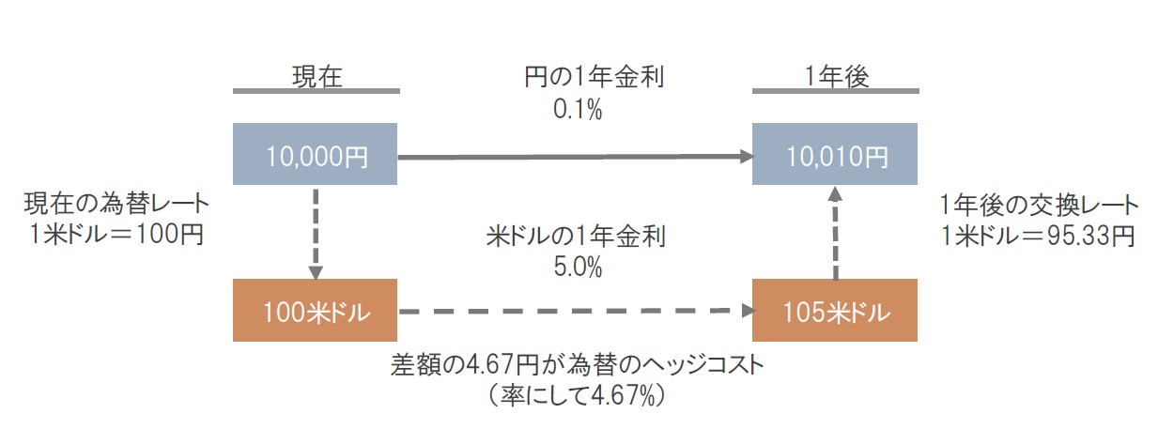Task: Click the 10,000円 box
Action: point(315,154)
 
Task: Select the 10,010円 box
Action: point(835,154)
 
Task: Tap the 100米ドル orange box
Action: point(315,310)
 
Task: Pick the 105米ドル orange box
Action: point(835,310)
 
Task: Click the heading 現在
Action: point(317,77)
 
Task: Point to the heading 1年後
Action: point(837,77)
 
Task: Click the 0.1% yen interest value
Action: point(578,110)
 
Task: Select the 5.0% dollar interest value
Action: point(578,268)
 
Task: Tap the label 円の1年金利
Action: point(594,77)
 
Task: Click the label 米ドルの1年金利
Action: point(576,237)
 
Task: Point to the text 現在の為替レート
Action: point(116,204)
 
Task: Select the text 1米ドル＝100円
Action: point(116,234)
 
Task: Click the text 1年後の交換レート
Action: point(1039,206)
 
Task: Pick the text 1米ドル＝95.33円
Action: point(1038,236)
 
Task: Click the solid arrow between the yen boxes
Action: point(576,156)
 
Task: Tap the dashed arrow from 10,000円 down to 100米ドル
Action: point(316,234)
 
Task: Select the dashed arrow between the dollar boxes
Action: point(577,311)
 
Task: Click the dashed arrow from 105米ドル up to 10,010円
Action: point(836,233)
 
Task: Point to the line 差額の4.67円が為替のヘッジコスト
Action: point(577,365)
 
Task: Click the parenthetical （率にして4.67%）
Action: point(576,396)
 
